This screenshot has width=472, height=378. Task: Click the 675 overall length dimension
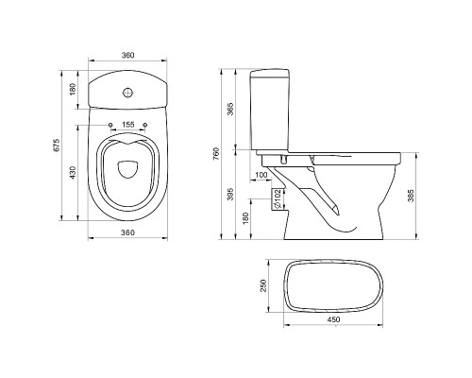tap(57, 146)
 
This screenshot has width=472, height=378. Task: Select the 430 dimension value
tap(73, 173)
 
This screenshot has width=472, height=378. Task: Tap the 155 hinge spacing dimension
tap(128, 125)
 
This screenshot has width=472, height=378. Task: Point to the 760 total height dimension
tap(216, 154)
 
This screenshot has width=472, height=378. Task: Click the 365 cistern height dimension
tap(230, 109)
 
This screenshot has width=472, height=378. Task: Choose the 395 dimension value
tap(230, 195)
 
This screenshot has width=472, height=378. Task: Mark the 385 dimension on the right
tap(411, 196)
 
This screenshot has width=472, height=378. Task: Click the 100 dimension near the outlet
tap(261, 175)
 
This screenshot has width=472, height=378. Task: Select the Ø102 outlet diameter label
tap(277, 199)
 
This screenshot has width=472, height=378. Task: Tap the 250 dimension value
tap(263, 285)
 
